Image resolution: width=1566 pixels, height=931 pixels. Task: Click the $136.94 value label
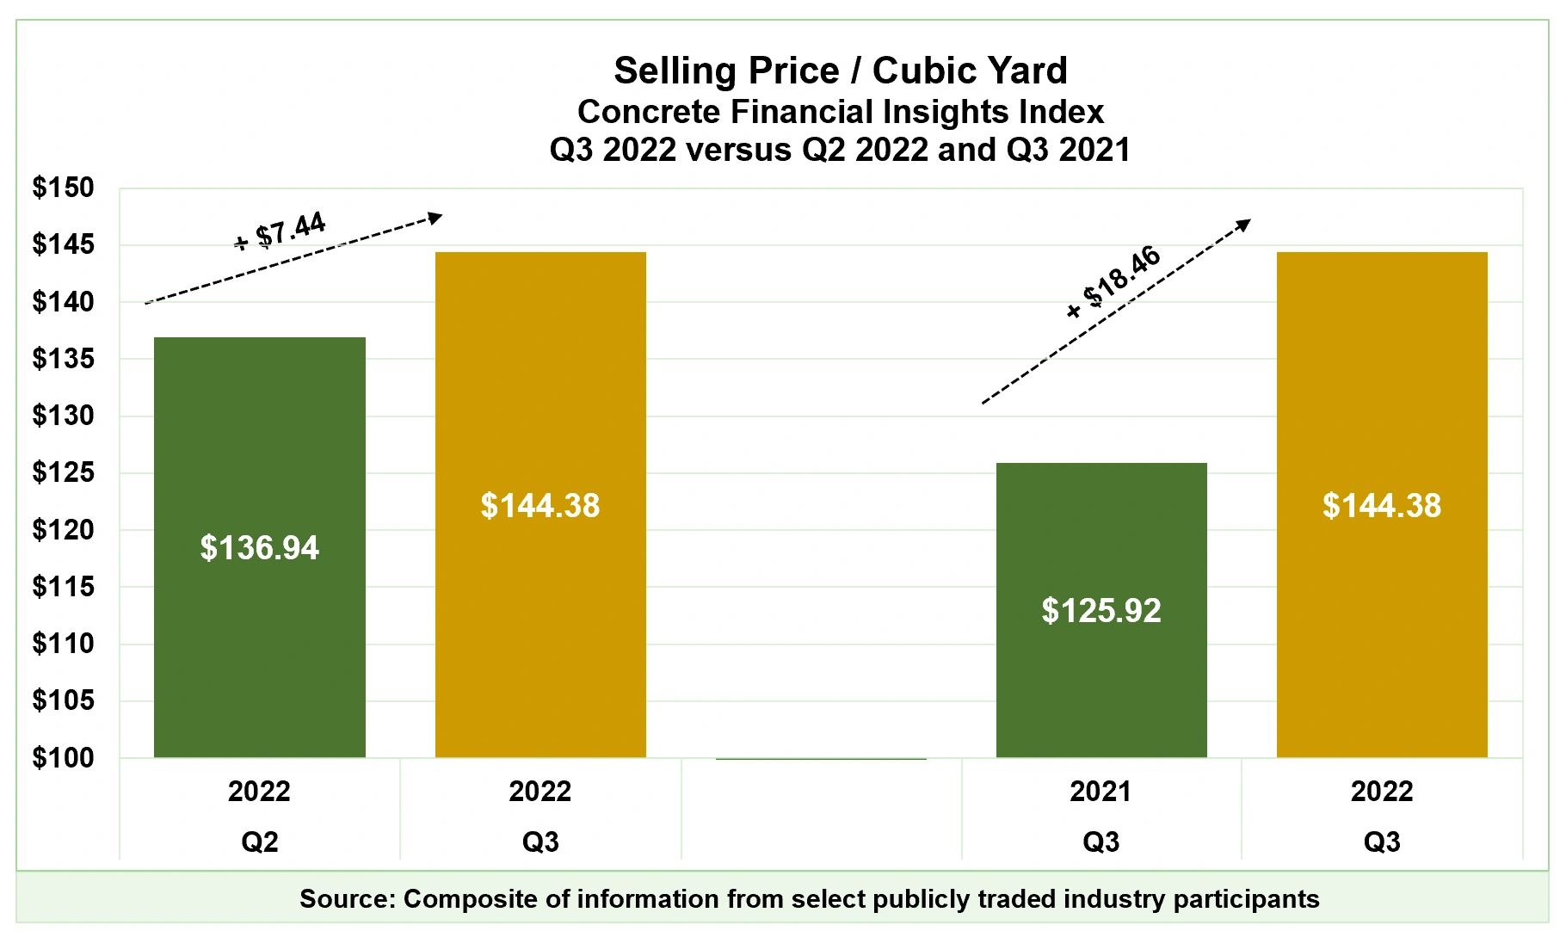(x=259, y=548)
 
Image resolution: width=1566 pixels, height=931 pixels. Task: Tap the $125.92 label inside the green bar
(x=1101, y=611)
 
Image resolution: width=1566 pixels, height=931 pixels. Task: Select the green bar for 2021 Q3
(x=1101, y=688)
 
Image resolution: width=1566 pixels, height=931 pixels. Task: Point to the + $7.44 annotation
(x=281, y=231)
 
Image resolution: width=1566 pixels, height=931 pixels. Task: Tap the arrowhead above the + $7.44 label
(x=435, y=218)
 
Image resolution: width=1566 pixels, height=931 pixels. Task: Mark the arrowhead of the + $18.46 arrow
(x=1243, y=225)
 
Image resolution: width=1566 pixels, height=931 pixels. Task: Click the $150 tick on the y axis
(x=63, y=188)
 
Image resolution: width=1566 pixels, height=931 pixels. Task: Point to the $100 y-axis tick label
(x=63, y=758)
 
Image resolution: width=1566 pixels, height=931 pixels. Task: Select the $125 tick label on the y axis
(x=63, y=472)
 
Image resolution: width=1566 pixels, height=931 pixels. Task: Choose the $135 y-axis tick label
(x=63, y=359)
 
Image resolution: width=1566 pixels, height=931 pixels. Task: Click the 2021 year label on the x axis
(x=1101, y=792)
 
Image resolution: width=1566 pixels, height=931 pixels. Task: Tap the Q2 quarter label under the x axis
(x=259, y=842)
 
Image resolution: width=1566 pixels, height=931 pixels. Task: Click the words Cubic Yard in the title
(x=970, y=71)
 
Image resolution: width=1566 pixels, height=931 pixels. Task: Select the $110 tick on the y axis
(x=63, y=644)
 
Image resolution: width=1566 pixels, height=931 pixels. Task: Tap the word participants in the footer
(x=1246, y=899)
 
